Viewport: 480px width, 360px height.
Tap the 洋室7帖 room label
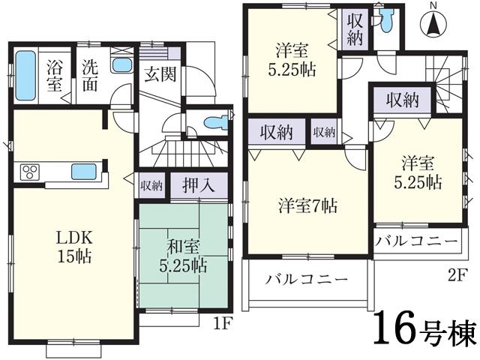[x=307, y=205]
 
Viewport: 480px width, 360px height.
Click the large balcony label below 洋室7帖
[x=306, y=280]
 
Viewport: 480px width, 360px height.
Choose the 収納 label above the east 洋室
[x=402, y=99]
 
